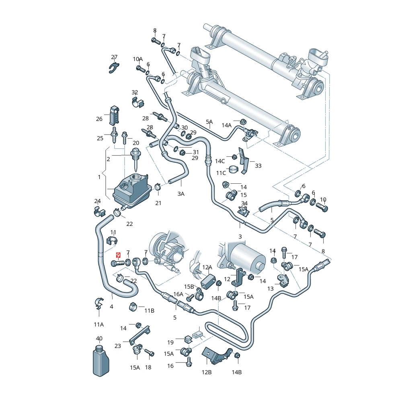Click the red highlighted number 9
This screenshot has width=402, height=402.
click(118, 255)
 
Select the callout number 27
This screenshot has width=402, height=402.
click(114, 57)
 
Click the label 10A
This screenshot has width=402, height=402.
click(138, 59)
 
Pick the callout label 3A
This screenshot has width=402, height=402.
click(181, 194)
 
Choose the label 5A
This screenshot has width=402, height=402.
click(209, 121)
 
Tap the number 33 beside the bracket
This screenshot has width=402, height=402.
click(258, 166)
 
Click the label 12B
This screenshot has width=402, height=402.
click(207, 372)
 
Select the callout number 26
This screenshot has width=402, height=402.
click(99, 119)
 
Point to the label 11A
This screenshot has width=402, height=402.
click(99, 324)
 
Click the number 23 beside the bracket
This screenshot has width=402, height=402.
click(117, 346)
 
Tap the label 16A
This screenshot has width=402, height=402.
click(178, 294)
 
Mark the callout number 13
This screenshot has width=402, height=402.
click(271, 289)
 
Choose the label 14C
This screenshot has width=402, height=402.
click(220, 161)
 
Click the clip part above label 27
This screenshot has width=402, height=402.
click(114, 68)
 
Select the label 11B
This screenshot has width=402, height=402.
click(149, 310)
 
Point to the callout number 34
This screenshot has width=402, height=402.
click(244, 203)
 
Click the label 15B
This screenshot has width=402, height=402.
click(189, 286)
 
